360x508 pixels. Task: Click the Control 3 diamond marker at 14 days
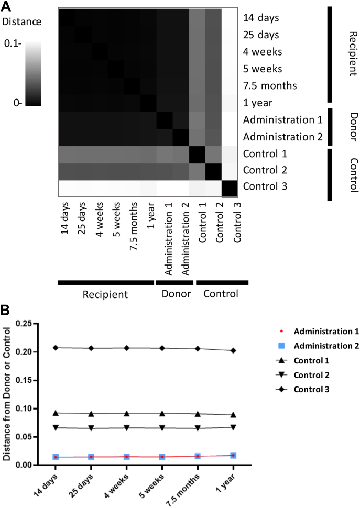pos(55,348)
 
